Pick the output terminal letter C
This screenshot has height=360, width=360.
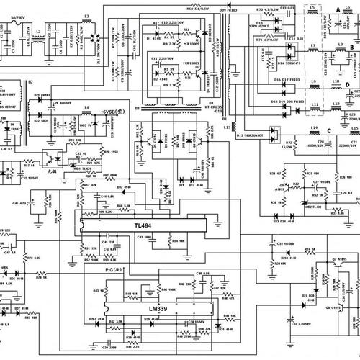pos(328,130)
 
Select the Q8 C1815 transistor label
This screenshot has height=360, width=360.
pos(336,307)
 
